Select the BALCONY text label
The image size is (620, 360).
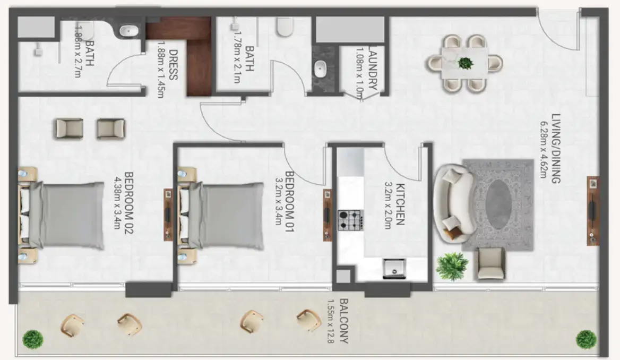tap(344, 320)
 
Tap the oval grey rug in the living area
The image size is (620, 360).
tap(498, 204)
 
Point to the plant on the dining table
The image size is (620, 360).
tap(466, 63)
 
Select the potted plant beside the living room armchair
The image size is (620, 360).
tap(452, 265)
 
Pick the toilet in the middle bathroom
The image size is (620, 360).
tap(285, 28)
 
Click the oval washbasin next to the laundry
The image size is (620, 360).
tap(320, 69)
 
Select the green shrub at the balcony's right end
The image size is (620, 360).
tap(586, 339)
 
